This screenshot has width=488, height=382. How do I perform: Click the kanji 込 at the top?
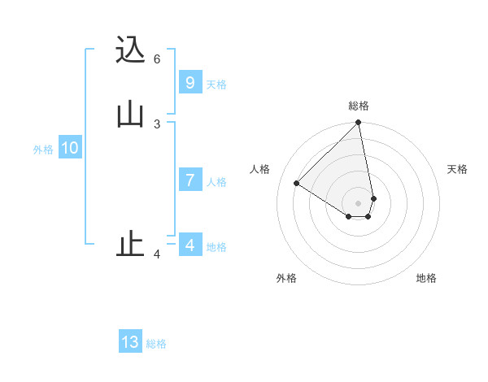(x=131, y=50)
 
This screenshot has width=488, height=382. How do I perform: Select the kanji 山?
(x=131, y=114)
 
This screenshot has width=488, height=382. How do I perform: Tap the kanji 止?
(x=131, y=245)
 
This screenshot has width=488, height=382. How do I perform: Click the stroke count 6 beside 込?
(x=157, y=59)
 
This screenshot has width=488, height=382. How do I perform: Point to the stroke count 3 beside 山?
(x=157, y=124)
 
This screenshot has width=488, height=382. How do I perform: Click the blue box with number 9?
(x=190, y=83)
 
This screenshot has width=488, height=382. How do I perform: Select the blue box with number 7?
(x=190, y=180)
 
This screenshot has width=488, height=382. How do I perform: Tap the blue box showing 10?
(x=69, y=148)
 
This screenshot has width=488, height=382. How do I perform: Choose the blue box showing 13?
(x=130, y=342)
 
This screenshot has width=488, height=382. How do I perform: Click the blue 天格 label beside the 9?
(x=216, y=85)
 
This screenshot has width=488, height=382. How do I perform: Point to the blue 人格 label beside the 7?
(x=216, y=182)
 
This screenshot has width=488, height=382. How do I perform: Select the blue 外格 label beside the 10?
(x=43, y=150)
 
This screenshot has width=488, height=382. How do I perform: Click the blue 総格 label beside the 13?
(x=156, y=344)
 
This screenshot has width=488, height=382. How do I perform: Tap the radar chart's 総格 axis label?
(x=359, y=106)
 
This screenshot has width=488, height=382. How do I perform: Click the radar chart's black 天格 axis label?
(x=457, y=169)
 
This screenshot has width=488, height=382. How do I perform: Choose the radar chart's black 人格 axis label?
(x=259, y=169)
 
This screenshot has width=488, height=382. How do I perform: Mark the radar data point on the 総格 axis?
(x=359, y=124)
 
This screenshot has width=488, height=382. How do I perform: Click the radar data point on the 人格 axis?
(x=297, y=183)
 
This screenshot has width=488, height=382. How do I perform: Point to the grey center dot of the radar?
(x=359, y=202)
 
